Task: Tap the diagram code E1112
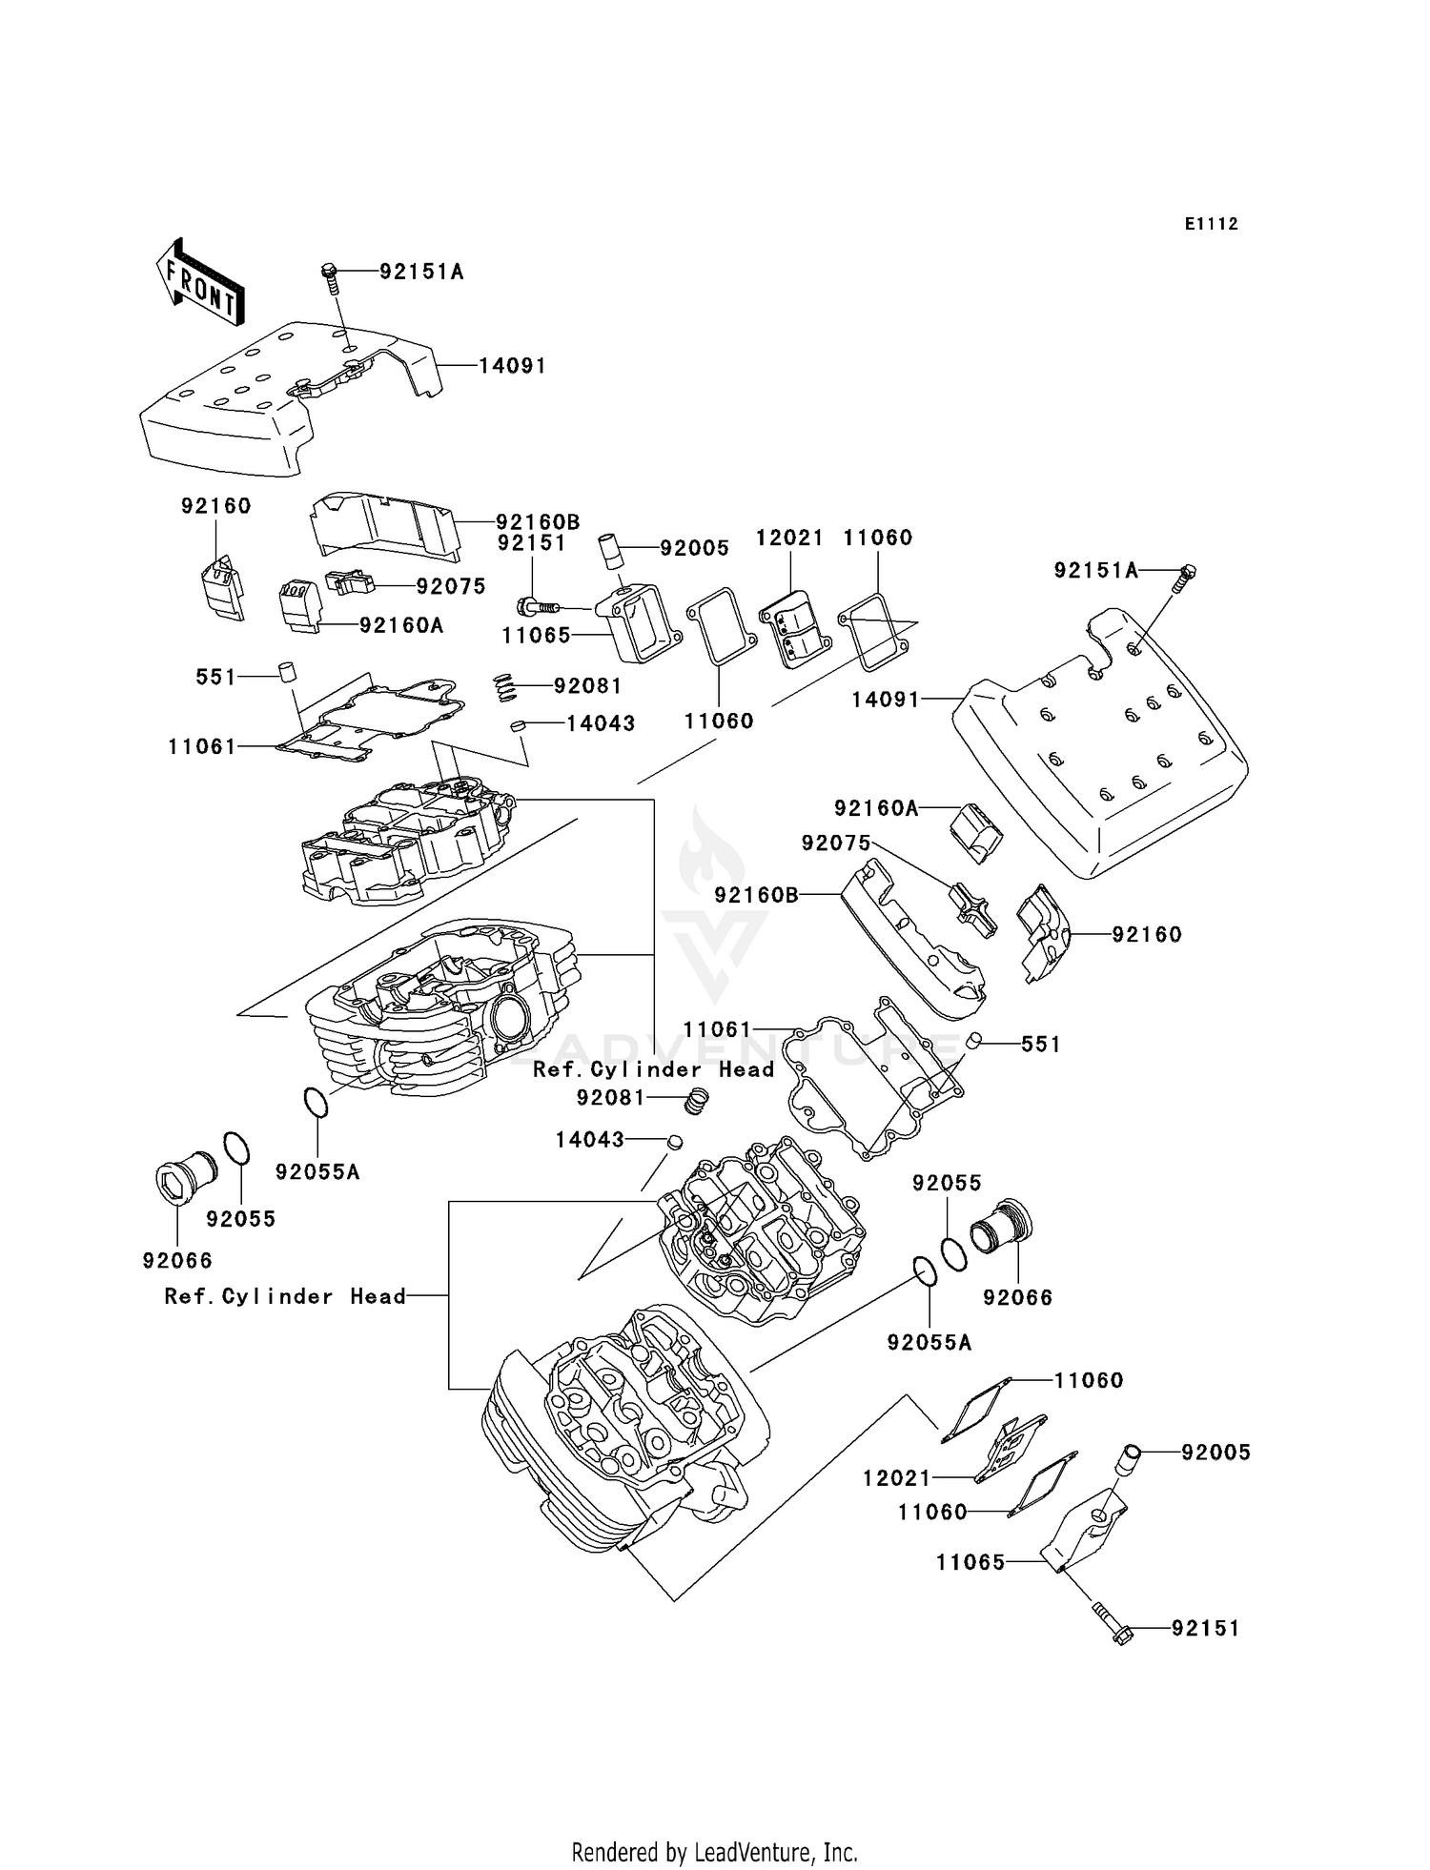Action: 1211,224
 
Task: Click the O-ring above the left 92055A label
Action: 317,1102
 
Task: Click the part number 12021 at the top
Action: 788,538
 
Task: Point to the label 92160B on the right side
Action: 756,896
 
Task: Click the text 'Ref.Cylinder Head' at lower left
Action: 285,1296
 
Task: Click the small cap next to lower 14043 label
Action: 674,1141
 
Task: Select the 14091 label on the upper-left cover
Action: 512,366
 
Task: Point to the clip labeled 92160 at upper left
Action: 221,584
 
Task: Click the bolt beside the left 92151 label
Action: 538,604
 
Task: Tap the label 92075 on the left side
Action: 450,587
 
